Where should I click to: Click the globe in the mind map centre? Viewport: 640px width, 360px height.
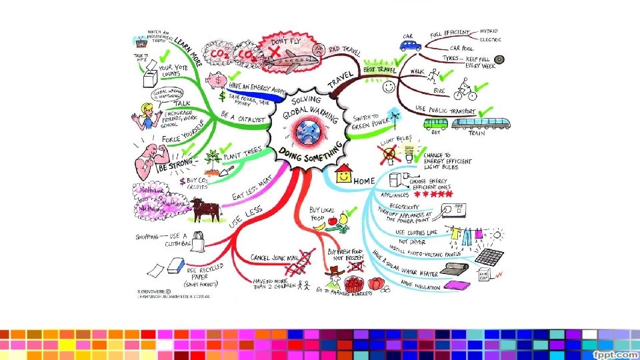tap(309, 129)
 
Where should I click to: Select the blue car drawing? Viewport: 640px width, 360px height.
tap(411, 45)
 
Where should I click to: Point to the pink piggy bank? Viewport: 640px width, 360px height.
tap(217, 81)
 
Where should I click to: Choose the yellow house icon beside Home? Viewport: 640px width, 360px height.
tap(344, 175)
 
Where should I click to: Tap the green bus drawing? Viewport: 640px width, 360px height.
tap(437, 124)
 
